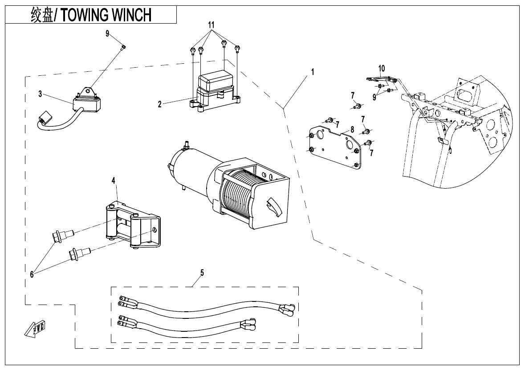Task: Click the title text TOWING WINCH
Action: pyautogui.click(x=106, y=15)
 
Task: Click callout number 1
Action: pyautogui.click(x=313, y=72)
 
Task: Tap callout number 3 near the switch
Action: pyautogui.click(x=40, y=94)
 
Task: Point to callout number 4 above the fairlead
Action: pyautogui.click(x=114, y=181)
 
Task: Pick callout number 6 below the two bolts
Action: pyautogui.click(x=32, y=275)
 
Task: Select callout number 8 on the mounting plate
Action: pyautogui.click(x=352, y=130)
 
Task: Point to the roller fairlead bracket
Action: pyautogui.click(x=134, y=223)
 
